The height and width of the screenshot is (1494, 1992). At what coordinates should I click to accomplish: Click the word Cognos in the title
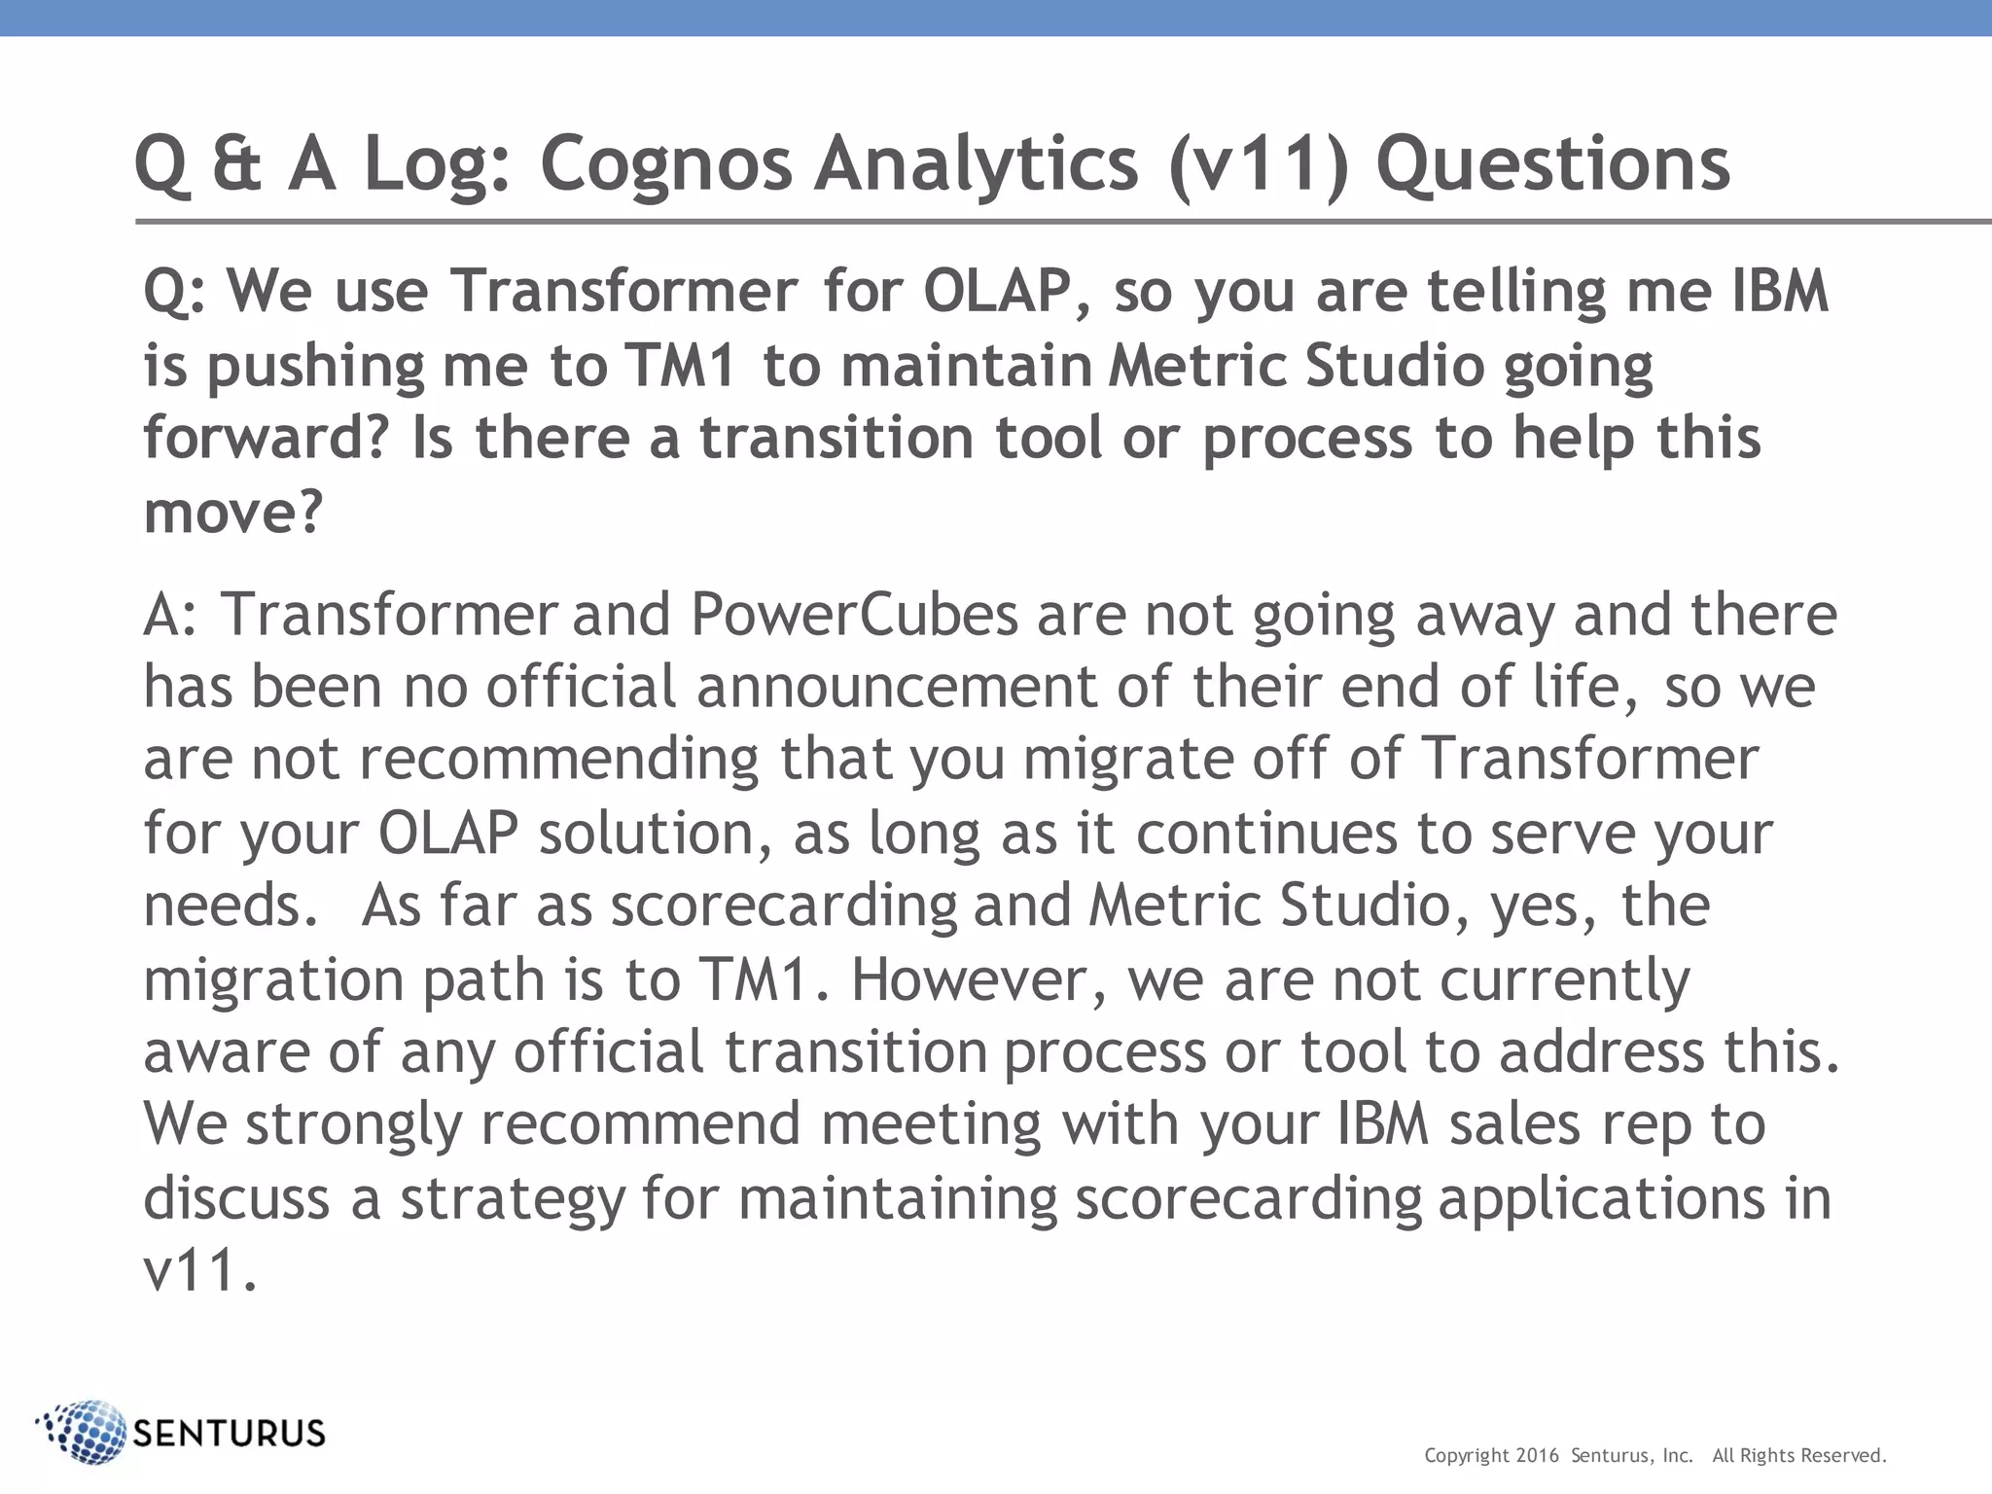(x=666, y=163)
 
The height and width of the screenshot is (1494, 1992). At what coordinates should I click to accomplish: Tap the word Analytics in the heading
(x=977, y=163)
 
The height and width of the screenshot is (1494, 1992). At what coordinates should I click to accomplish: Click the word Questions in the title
(x=1552, y=163)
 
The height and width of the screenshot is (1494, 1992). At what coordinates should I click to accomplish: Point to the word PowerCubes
(x=854, y=615)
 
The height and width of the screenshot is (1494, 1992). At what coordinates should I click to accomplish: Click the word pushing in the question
(x=315, y=367)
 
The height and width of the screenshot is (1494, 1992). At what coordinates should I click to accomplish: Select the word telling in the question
(x=1516, y=291)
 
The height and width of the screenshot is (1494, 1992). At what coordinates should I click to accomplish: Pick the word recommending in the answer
(x=558, y=760)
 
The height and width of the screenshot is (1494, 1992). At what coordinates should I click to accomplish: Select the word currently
(x=1565, y=979)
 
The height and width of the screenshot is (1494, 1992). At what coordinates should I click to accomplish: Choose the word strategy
(x=513, y=1198)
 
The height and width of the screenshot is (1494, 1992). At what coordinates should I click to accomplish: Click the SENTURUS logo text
(x=229, y=1434)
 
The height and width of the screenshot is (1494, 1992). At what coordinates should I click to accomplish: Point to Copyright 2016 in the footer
(x=1491, y=1456)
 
